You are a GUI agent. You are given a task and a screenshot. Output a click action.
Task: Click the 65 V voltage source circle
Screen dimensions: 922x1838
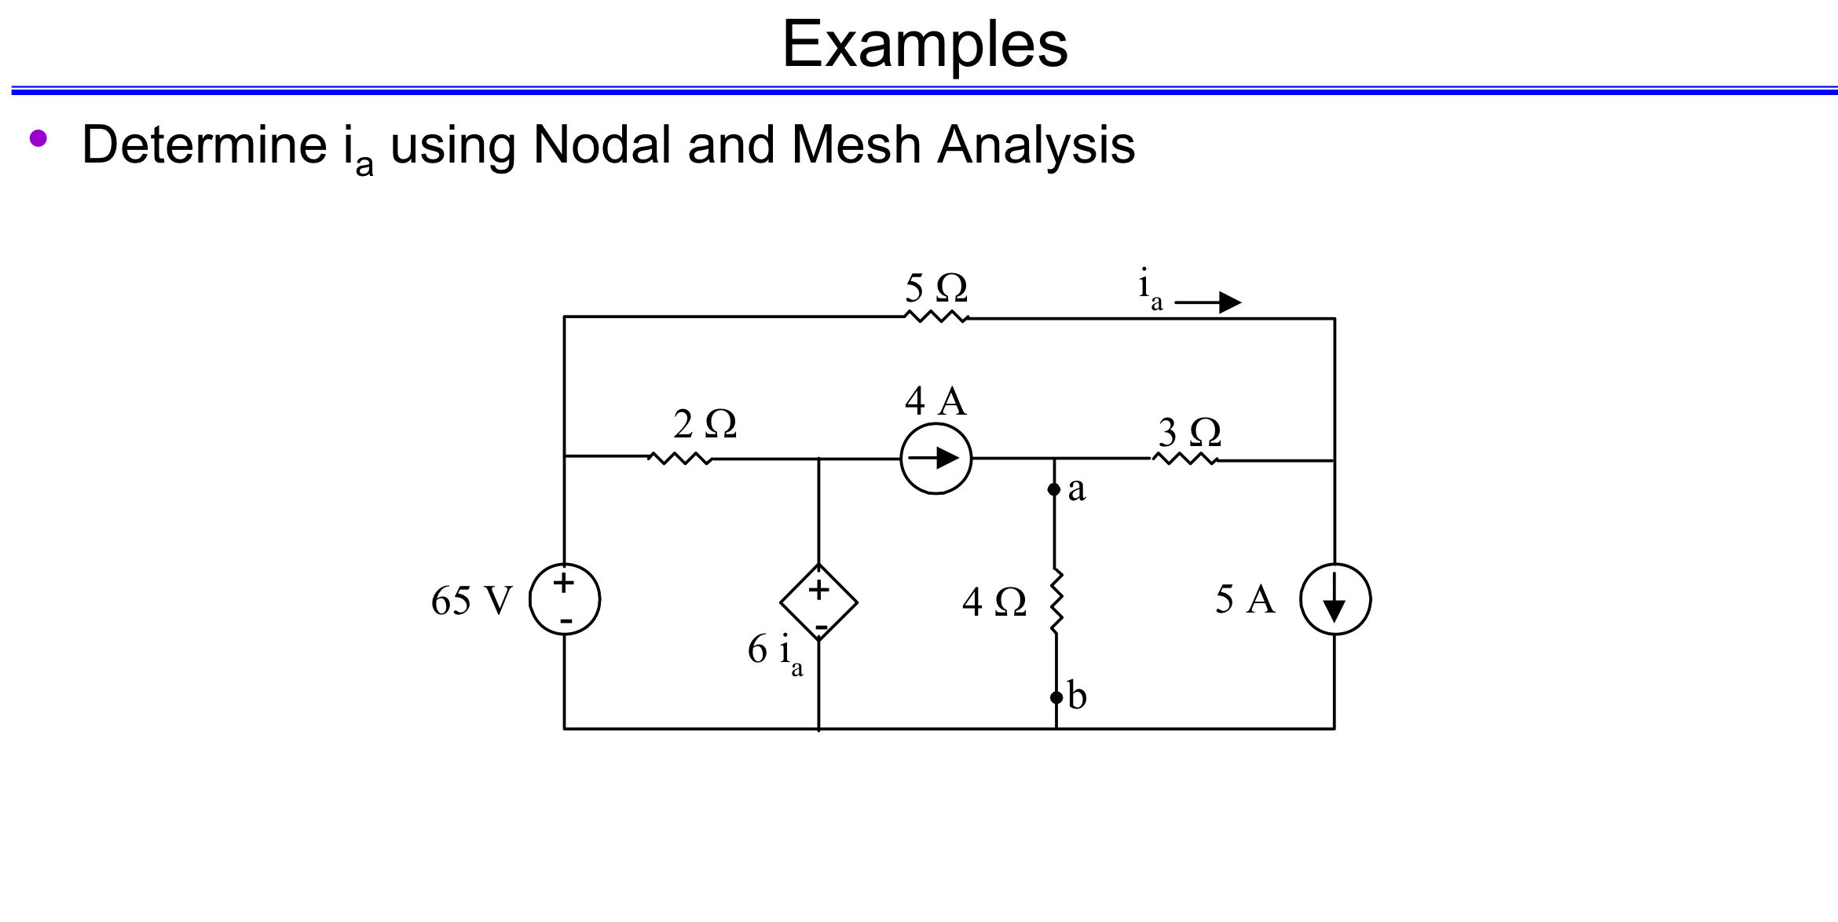(565, 599)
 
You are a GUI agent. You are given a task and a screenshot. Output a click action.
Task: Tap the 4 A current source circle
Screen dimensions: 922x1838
(935, 459)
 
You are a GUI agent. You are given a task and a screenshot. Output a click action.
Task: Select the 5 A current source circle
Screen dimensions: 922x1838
(1335, 599)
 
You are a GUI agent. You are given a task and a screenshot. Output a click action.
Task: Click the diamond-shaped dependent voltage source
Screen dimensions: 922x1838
(818, 602)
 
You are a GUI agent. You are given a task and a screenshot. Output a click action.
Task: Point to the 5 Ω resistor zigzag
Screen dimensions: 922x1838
(936, 316)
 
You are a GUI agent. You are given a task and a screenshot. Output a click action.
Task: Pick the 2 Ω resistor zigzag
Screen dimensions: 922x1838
(680, 458)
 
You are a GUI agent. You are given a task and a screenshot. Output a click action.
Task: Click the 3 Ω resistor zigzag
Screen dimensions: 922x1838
(1184, 459)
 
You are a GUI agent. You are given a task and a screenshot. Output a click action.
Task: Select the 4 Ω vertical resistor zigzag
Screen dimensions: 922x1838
(1056, 602)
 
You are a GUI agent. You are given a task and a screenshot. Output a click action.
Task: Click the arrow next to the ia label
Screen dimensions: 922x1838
(1207, 302)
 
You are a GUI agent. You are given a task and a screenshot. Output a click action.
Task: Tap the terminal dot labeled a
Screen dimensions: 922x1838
(1054, 489)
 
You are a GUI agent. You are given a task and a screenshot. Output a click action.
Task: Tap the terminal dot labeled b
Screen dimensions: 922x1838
(1056, 697)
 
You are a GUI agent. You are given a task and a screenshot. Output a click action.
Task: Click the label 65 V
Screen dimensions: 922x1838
(471, 601)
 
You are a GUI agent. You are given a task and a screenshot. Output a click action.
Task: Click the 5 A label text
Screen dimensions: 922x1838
(1245, 599)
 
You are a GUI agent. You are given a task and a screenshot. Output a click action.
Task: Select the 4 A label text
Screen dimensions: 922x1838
(935, 401)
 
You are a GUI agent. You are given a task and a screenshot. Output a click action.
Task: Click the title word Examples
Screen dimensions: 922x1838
(924, 45)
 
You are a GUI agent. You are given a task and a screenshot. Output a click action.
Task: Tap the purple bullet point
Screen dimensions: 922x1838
(38, 138)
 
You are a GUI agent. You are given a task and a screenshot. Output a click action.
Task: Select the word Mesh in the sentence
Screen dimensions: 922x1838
(856, 145)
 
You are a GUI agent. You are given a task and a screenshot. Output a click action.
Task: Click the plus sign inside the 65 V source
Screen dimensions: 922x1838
(563, 583)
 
